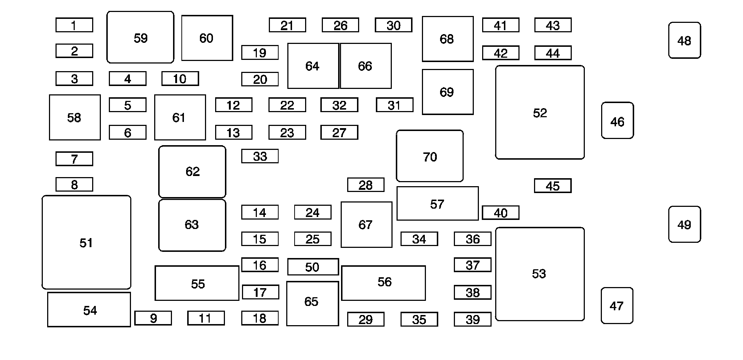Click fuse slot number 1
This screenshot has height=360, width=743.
[x=74, y=25]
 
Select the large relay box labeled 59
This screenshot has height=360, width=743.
[x=140, y=37]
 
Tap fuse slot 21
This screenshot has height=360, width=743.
[x=287, y=25]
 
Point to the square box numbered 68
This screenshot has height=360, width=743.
[x=448, y=39]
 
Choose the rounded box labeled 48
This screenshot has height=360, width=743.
[x=685, y=40]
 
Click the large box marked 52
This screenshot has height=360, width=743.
[x=540, y=112]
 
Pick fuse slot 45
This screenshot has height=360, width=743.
[x=553, y=186]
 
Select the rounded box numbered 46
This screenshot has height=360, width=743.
[x=617, y=120]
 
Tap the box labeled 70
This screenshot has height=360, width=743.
[x=430, y=156]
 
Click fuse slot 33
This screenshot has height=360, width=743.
[x=260, y=156]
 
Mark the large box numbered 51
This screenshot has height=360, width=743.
[x=86, y=242]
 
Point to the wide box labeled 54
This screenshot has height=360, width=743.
[x=89, y=310]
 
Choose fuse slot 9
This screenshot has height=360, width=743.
[x=153, y=318]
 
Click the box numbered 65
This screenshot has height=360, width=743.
[x=312, y=303]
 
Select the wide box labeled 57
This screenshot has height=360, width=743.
[x=438, y=204]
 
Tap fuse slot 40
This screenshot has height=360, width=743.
[x=500, y=213]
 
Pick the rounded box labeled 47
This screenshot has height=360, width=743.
[x=617, y=306]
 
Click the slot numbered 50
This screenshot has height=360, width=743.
[x=313, y=267]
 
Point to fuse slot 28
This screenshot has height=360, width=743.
[x=366, y=185]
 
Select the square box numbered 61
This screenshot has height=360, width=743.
[x=180, y=117]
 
